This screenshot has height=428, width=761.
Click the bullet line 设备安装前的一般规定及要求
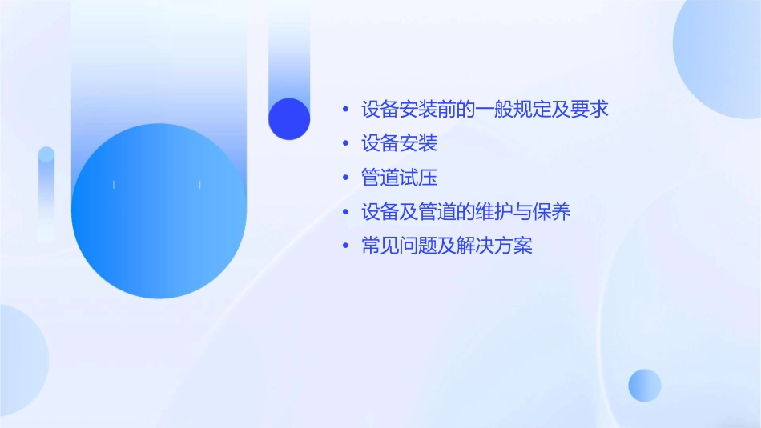[x=484, y=109]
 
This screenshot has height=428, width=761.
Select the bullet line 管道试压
[x=399, y=178]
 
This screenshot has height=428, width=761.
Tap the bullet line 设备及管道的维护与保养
[x=465, y=212]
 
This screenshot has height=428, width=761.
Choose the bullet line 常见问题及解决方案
[x=446, y=246]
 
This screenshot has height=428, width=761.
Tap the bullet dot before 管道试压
[x=345, y=178]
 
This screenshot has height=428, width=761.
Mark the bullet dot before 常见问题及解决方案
[x=345, y=246]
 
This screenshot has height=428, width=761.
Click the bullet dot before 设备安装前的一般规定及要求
[x=345, y=109]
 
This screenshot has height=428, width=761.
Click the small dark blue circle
[x=289, y=118]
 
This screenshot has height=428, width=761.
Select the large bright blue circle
[x=159, y=210]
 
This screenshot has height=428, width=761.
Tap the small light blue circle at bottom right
[x=645, y=385]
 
